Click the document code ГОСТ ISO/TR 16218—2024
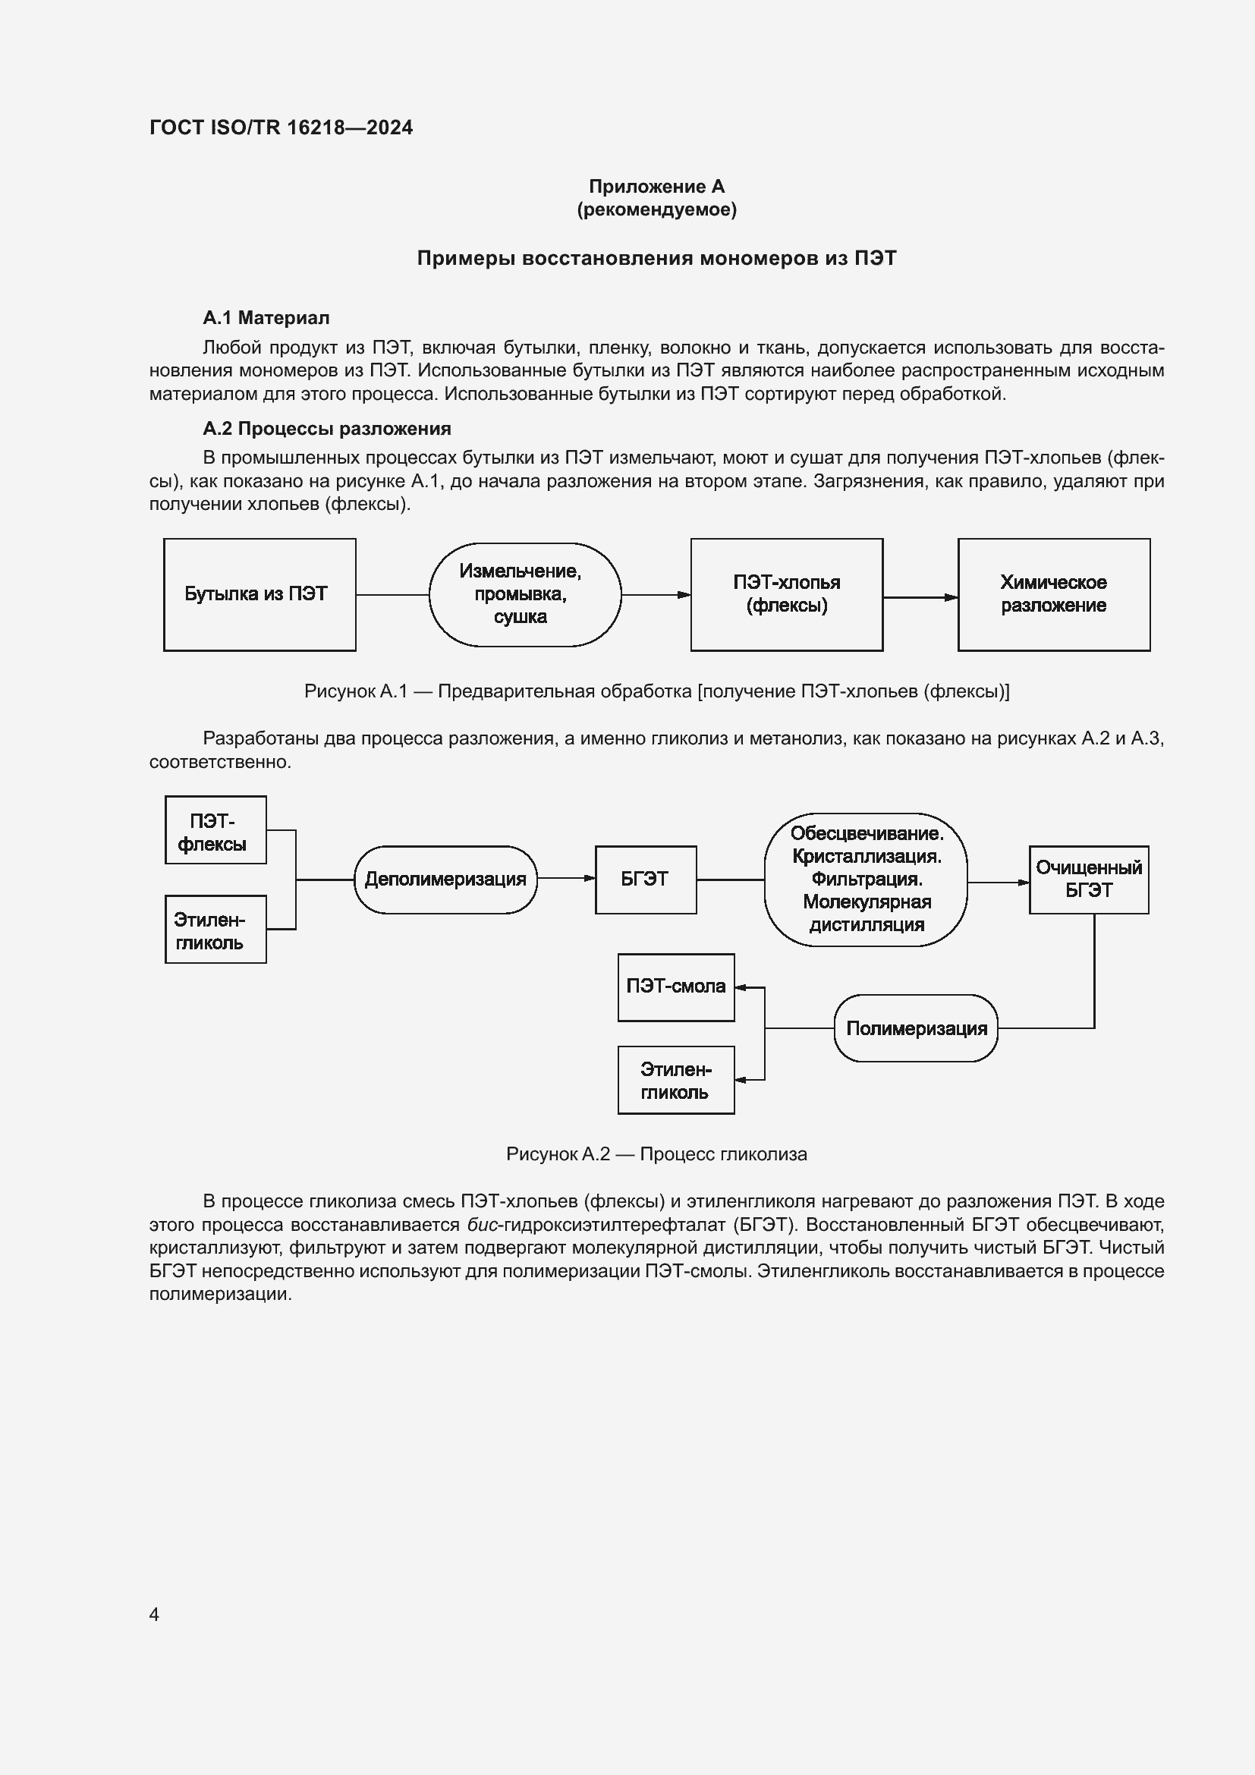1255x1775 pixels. pos(281,127)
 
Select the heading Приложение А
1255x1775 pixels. pos(656,187)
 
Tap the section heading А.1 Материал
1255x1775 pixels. pos(266,318)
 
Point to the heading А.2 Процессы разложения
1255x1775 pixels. pos(326,428)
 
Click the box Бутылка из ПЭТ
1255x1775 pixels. pos(259,594)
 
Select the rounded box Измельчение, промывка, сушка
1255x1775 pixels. pos(525,594)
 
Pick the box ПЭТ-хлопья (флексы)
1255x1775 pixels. pos(786,594)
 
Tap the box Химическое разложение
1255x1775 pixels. pos(1053,594)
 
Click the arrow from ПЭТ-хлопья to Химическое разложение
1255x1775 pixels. pos(920,596)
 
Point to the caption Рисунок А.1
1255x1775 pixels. pos(656,691)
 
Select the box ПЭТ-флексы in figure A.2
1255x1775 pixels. pos(215,830)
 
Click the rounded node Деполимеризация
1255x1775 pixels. pos(445,880)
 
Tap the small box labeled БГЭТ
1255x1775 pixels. pos(645,880)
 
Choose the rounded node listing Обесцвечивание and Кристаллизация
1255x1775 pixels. pos(866,880)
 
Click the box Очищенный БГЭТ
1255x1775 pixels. pos(1088,880)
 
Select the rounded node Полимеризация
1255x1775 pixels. pos(916,1028)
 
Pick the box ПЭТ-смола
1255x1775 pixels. pos(675,987)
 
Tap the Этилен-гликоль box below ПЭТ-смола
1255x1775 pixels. pos(675,1080)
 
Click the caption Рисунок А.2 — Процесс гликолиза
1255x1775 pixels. pos(656,1154)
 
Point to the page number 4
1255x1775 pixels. pos(155,1614)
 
